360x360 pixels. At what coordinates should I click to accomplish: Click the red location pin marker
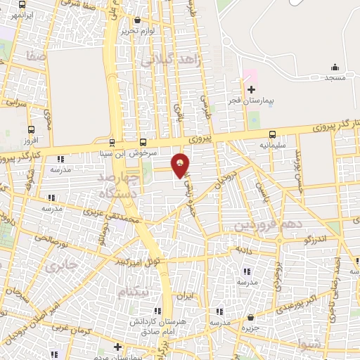[181, 165]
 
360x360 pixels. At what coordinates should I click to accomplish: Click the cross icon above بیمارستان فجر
[252, 89]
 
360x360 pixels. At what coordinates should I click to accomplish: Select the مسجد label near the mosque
[335, 77]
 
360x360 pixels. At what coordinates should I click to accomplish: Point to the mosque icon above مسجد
[335, 67]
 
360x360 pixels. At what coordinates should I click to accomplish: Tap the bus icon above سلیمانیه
[272, 135]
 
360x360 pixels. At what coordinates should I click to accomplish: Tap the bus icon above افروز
[31, 130]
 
